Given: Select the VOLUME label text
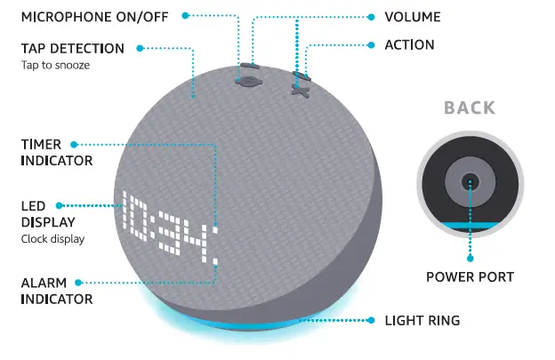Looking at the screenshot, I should tap(412, 17).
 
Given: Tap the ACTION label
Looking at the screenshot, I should tap(409, 44).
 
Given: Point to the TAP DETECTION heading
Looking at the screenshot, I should tap(73, 48).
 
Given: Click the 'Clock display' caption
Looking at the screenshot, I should tap(50, 238).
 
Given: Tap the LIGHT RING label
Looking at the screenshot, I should tap(422, 319).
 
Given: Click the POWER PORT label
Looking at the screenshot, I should tap(470, 277).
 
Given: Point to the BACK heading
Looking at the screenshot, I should tap(470, 108).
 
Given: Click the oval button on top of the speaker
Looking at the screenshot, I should tap(250, 80).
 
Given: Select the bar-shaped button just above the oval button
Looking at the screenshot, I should tap(250, 65).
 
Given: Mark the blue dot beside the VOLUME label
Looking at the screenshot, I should tap(372, 17).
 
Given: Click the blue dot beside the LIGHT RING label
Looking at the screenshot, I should tap(372, 319).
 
